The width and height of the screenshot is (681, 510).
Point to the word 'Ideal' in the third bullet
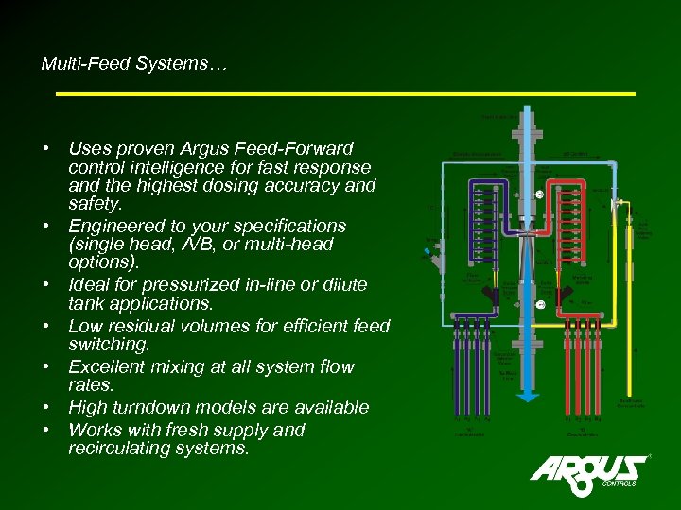(x=91, y=285)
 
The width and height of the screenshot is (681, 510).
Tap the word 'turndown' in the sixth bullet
(x=156, y=408)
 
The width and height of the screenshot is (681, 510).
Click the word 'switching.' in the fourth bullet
(x=109, y=345)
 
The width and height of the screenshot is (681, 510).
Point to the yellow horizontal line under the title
(x=345, y=93)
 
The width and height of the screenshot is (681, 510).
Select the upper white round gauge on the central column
(x=538, y=195)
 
